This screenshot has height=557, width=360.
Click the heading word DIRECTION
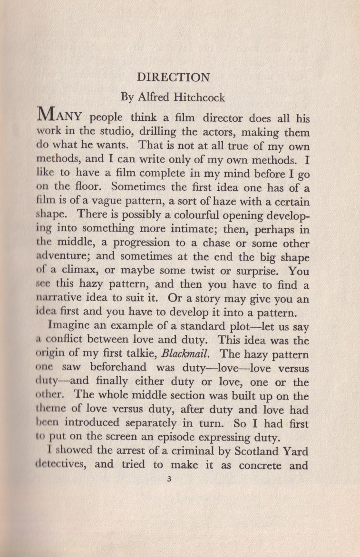tap(173, 78)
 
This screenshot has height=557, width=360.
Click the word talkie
tap(140, 355)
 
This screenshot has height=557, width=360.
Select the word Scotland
tap(259, 451)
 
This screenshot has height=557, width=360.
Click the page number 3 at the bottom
tap(169, 480)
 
